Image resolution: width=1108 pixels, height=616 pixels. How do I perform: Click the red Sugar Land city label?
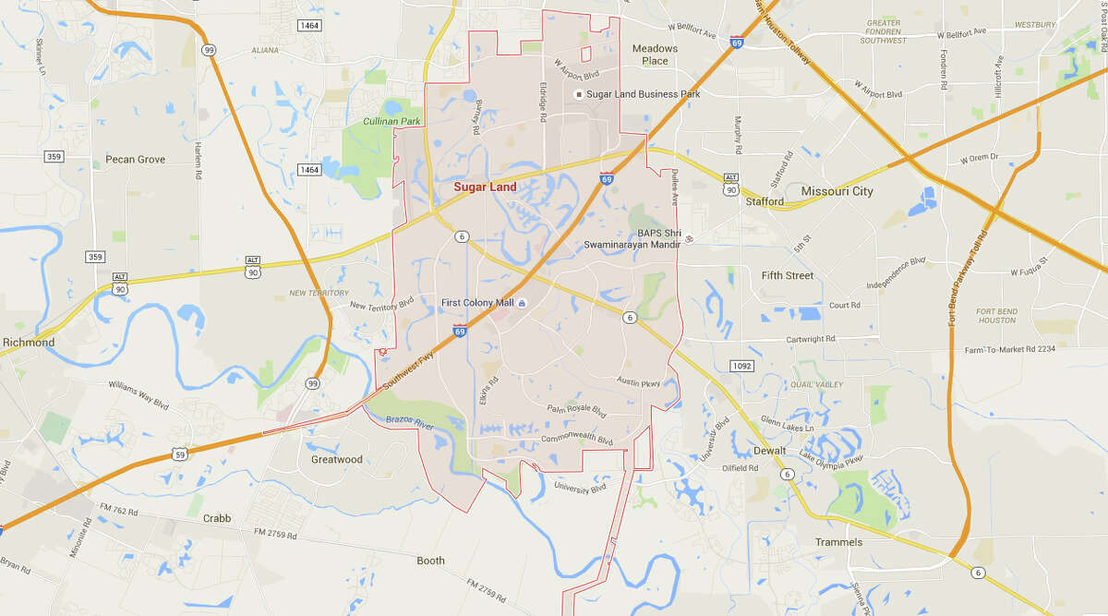[485, 187]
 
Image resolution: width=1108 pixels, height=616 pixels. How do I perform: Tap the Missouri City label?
[837, 191]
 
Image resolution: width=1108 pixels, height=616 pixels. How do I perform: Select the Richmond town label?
[29, 343]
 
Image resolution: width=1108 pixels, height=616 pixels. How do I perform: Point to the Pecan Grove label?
[135, 160]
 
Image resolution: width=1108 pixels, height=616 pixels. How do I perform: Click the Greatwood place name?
[336, 459]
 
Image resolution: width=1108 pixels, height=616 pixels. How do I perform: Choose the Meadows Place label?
[655, 54]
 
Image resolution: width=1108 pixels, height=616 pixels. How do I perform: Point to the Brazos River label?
[411, 425]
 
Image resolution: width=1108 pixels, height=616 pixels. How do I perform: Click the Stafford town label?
[765, 201]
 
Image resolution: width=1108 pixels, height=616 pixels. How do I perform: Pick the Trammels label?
[838, 542]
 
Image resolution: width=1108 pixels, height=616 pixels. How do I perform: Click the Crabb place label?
[217, 518]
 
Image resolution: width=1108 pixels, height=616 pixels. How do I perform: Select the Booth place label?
[430, 561]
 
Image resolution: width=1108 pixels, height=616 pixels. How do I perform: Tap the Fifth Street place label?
[788, 275]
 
